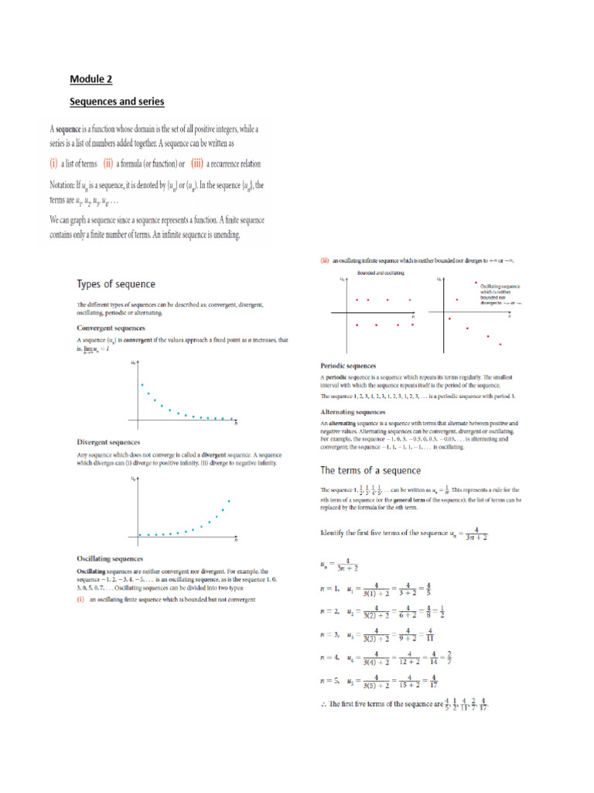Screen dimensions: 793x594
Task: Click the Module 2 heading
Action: click(x=91, y=78)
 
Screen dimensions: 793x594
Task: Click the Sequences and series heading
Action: click(x=117, y=101)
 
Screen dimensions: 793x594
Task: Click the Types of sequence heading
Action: click(x=115, y=284)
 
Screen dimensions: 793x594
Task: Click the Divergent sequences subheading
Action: click(x=109, y=442)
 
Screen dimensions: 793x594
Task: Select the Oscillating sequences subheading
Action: click(x=110, y=558)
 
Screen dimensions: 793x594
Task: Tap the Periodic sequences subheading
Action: click(x=349, y=365)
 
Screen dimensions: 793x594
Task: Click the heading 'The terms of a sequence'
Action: click(x=371, y=470)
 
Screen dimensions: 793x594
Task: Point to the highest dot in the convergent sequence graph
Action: click(x=141, y=384)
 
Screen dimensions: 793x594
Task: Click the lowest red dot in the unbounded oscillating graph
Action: click(x=500, y=344)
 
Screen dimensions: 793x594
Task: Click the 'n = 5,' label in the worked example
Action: click(x=330, y=682)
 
